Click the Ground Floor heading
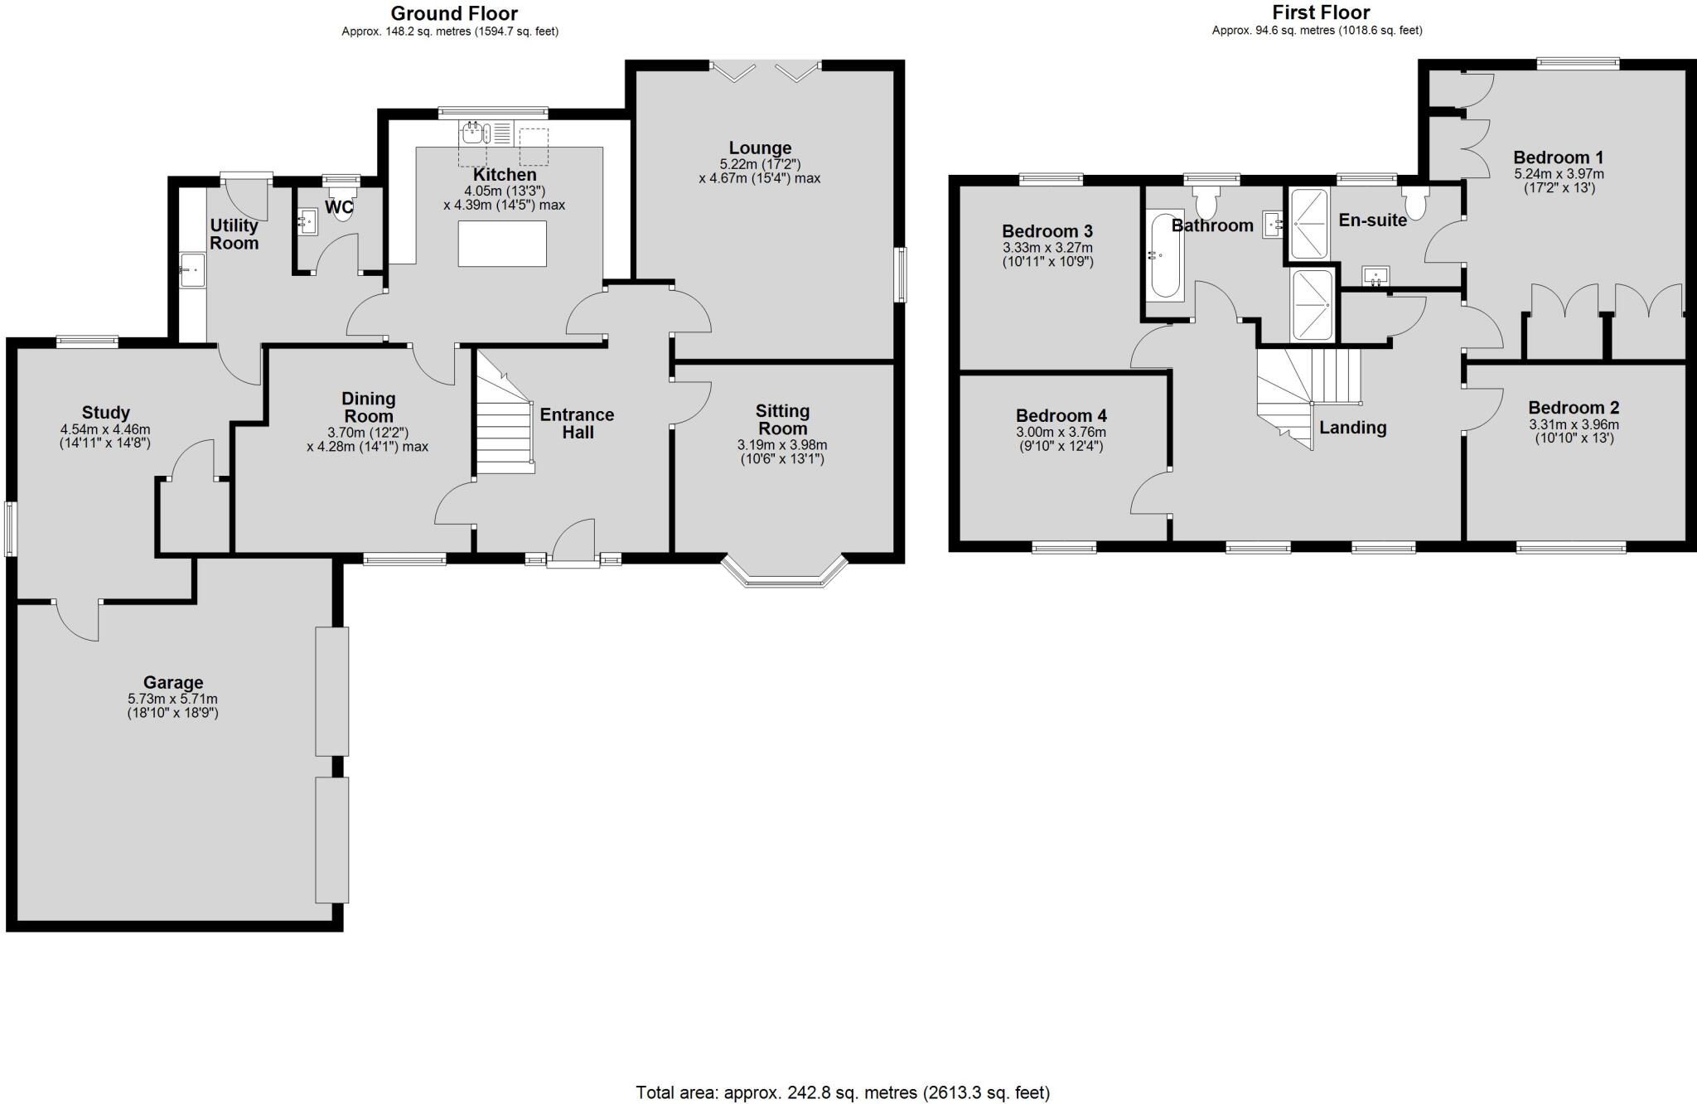click(x=454, y=13)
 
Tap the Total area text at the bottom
click(x=843, y=1092)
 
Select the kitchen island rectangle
click(x=502, y=244)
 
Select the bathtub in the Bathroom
click(x=1165, y=255)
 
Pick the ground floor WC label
click(x=340, y=206)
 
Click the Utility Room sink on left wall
click(x=192, y=269)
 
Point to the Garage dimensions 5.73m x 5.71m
click(x=172, y=699)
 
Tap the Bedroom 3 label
click(x=1047, y=231)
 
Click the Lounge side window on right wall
click(x=901, y=274)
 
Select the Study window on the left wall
click(x=10, y=528)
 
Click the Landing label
click(x=1352, y=428)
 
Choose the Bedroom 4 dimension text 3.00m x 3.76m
click(x=1061, y=432)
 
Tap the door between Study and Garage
click(x=77, y=618)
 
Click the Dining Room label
click(x=369, y=407)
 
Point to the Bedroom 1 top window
click(x=1577, y=62)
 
